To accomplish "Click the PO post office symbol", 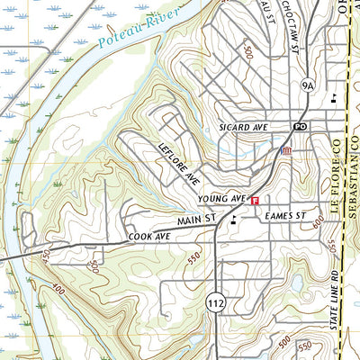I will coord(301,127).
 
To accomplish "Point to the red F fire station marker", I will coord(256,200).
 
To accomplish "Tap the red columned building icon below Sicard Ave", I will coord(286,151).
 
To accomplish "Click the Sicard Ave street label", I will coord(244,128).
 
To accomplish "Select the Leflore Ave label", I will coord(178,163).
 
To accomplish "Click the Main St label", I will coord(198,219).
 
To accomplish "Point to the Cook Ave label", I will coord(148,236).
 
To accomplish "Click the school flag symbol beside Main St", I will coord(235,219).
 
